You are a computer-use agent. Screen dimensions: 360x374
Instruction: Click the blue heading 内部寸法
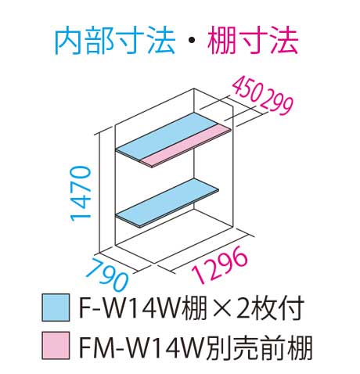(x=115, y=41)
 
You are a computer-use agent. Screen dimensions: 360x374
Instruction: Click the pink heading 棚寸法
(x=253, y=41)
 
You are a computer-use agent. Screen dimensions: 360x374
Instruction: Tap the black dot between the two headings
(x=191, y=41)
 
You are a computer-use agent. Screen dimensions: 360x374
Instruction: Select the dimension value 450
(x=247, y=90)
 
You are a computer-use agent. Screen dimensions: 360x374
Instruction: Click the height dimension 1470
(x=81, y=194)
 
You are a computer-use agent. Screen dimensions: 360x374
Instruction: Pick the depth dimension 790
(x=107, y=275)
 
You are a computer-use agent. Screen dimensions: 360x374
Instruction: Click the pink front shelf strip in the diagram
(x=186, y=145)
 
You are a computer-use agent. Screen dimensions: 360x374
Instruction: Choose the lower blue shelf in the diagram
(x=167, y=203)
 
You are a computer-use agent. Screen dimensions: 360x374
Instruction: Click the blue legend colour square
(x=56, y=307)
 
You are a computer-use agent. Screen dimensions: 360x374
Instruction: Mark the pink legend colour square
(x=56, y=345)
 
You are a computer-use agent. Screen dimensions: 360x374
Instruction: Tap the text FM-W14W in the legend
(x=141, y=346)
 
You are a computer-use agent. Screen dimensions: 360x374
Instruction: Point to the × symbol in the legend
(x=221, y=308)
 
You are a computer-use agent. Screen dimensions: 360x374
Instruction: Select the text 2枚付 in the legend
(x=269, y=307)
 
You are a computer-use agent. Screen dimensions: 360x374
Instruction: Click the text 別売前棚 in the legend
(x=257, y=346)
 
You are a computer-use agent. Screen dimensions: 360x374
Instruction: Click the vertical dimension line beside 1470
(x=100, y=193)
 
